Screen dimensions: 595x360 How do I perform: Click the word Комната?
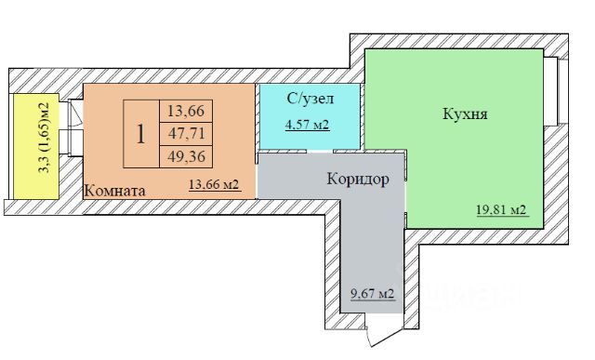(x=114, y=191)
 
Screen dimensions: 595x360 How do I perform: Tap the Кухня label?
(x=465, y=113)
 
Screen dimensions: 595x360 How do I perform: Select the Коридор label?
(x=358, y=179)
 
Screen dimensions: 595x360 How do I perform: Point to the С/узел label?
(x=311, y=99)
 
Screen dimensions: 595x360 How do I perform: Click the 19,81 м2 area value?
(x=501, y=209)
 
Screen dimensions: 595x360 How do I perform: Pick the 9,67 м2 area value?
(x=372, y=294)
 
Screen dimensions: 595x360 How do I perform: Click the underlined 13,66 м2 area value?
(x=214, y=184)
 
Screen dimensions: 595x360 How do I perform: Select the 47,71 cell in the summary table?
(x=186, y=134)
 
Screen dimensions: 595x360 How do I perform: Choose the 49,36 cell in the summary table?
(x=186, y=156)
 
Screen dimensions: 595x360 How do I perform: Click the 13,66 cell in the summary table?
(x=186, y=112)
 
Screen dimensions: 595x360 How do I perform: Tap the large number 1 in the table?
(x=140, y=134)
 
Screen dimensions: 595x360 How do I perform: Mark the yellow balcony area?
(x=36, y=146)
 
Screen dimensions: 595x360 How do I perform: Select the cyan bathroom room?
(x=310, y=116)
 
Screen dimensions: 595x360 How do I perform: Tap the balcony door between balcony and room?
(x=75, y=128)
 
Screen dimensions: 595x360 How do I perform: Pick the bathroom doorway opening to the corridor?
(x=320, y=151)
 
